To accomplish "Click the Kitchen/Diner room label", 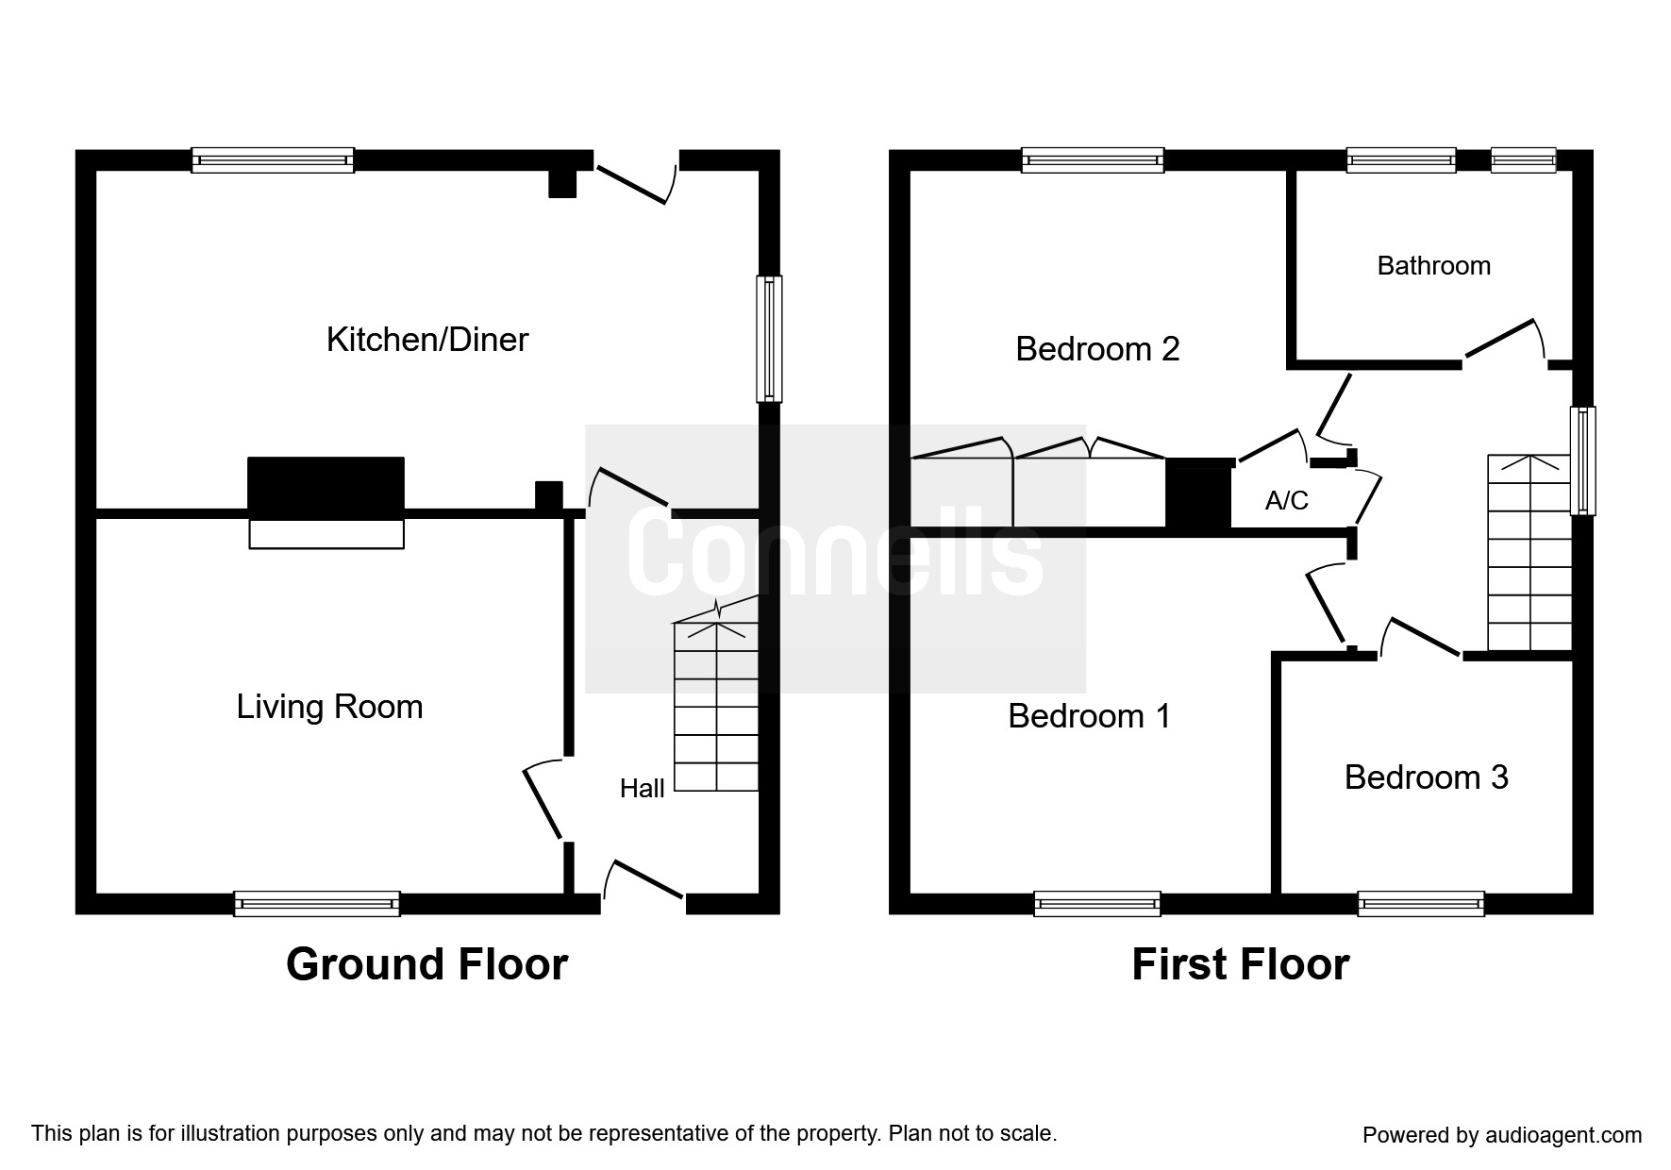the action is tap(426, 340).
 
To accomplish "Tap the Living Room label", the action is tap(329, 707).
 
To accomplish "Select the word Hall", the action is tap(642, 789).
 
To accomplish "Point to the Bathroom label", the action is tap(1433, 266).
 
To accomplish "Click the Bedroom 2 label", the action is tap(1097, 350).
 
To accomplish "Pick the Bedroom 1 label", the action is tap(1089, 716).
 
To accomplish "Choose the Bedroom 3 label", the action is tap(1426, 777).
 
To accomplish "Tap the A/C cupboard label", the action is tap(1286, 500).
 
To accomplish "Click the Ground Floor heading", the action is tap(426, 964).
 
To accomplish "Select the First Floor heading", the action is tap(1240, 964).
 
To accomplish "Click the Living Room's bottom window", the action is tap(317, 904).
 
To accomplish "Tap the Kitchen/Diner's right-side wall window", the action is tap(770, 338).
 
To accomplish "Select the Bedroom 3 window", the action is tap(1420, 904).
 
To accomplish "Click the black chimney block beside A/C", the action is tap(1199, 493).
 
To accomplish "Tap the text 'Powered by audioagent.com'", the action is tap(1502, 1135).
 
